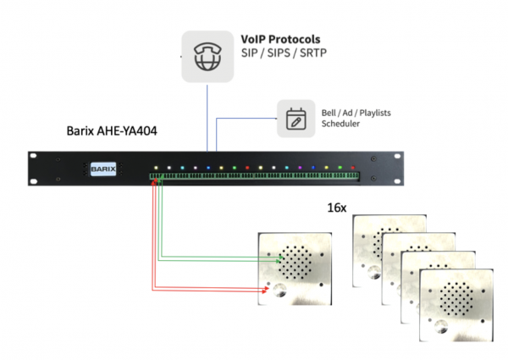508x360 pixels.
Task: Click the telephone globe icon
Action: click(207, 55)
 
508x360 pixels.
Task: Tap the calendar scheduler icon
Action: click(295, 118)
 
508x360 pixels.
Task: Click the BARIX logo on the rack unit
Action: click(102, 168)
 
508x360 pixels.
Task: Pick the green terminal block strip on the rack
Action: click(254, 177)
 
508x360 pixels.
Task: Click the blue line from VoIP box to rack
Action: click(207, 119)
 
